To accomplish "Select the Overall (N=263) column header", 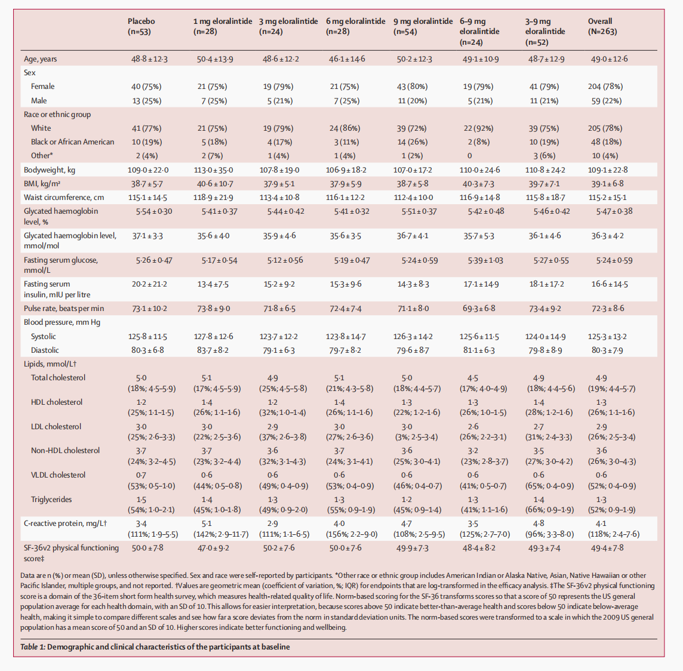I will tap(602, 26).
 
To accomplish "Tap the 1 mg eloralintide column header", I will tap(222, 26).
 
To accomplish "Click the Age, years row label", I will tap(41, 59).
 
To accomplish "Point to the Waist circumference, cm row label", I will tap(64, 198).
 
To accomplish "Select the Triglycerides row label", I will tap(51, 500).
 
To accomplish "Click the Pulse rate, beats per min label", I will tap(64, 309).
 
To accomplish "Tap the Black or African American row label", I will tap(72, 142).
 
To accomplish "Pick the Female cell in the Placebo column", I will tap(146, 87).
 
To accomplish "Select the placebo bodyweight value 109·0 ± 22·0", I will tap(149, 170).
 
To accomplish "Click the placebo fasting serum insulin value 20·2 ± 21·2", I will tap(149, 284).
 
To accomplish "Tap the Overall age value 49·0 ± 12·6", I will tap(609, 59).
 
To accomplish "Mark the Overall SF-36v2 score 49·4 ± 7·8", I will tap(607, 548).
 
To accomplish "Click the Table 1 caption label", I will tap(155, 647).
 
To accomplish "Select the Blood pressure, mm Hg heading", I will tap(62, 322).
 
